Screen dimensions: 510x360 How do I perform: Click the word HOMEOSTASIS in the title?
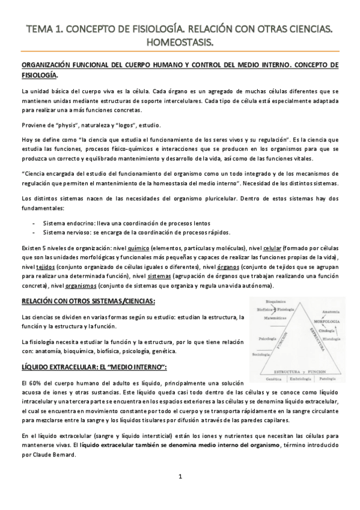tap(180, 41)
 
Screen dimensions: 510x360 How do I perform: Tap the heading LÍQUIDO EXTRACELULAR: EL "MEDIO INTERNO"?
tap(93, 366)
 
